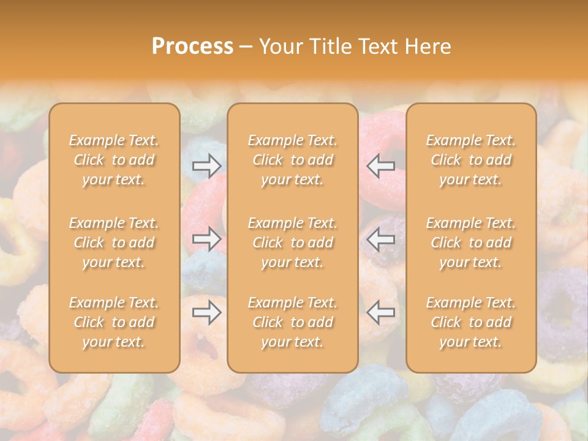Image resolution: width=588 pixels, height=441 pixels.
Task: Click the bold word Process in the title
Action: pyautogui.click(x=192, y=47)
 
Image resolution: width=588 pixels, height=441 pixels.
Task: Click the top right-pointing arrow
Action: pyautogui.click(x=207, y=165)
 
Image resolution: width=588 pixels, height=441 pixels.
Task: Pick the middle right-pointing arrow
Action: pyautogui.click(x=207, y=239)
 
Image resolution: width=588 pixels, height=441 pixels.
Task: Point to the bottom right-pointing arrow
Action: pyautogui.click(x=207, y=313)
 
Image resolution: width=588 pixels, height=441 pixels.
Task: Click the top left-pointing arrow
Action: pyautogui.click(x=380, y=165)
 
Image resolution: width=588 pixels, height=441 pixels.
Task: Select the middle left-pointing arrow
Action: pyautogui.click(x=380, y=239)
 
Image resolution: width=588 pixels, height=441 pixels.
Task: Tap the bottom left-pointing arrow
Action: pyautogui.click(x=380, y=313)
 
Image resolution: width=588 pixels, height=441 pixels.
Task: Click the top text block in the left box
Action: pyautogui.click(x=114, y=160)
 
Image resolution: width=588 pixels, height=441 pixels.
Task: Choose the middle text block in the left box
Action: pyautogui.click(x=114, y=243)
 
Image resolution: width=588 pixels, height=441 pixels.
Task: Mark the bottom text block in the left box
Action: pyautogui.click(x=114, y=322)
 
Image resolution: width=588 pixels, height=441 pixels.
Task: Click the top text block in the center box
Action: pyautogui.click(x=293, y=160)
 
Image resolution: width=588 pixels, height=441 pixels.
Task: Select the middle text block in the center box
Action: pyautogui.click(x=293, y=243)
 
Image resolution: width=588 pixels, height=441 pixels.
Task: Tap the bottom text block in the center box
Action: pyautogui.click(x=293, y=322)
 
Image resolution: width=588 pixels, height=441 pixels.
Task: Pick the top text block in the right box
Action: pyautogui.click(x=471, y=160)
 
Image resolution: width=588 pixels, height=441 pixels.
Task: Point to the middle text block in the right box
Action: pyautogui.click(x=471, y=243)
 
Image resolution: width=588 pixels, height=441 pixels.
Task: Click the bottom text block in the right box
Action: pyautogui.click(x=471, y=322)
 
